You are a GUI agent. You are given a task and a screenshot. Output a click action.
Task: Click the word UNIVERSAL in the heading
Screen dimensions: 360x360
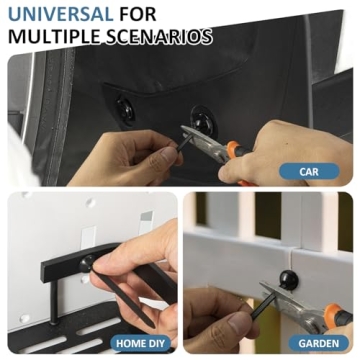point(51,15)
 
